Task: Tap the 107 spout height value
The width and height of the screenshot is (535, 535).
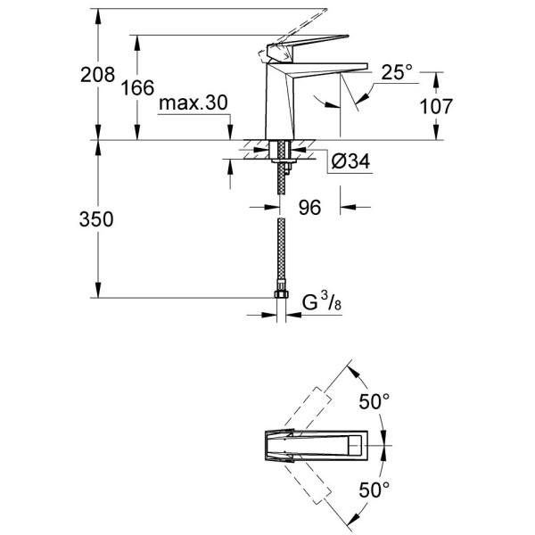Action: (435, 106)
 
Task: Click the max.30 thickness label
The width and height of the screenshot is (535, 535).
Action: (193, 105)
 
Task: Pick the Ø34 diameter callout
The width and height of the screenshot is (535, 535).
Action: (350, 161)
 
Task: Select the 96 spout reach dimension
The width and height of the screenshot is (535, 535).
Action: (309, 208)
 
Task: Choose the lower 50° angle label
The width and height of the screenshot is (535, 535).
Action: (374, 489)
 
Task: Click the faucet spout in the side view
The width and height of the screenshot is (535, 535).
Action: (330, 66)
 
